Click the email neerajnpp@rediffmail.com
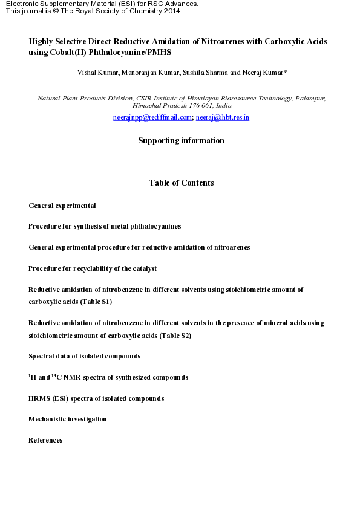pyautogui.click(x=152, y=117)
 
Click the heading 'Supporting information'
pyautogui.click(x=181, y=141)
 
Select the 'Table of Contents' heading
pyautogui.click(x=181, y=183)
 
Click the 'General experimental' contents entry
pyautogui.click(x=62, y=206)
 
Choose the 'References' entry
pyautogui.click(x=45, y=440)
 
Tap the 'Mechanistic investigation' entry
pyautogui.click(x=68, y=419)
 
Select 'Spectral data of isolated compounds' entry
pyautogui.click(x=85, y=356)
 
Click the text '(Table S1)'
pyautogui.click(x=96, y=302)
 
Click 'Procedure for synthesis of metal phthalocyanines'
pyautogui.click(x=105, y=226)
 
